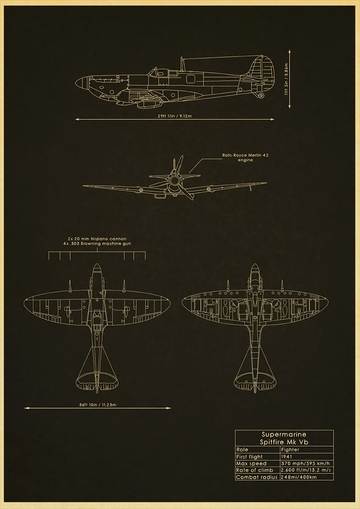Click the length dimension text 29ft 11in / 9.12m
click(x=175, y=116)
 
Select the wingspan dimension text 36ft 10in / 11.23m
click(x=97, y=404)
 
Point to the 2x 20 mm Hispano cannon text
click(x=97, y=238)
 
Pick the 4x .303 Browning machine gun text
click(x=97, y=244)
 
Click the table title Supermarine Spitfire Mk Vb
click(x=284, y=438)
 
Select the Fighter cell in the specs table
click(x=290, y=450)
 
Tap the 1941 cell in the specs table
click(x=287, y=456)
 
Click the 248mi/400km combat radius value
click(x=299, y=477)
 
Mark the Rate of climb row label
click(x=254, y=470)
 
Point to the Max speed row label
click(x=251, y=463)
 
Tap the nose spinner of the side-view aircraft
click(x=81, y=82)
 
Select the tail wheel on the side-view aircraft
click(x=261, y=95)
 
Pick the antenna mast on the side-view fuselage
click(x=182, y=64)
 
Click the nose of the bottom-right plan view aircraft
click(x=255, y=268)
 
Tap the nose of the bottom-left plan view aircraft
click(x=97, y=268)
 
